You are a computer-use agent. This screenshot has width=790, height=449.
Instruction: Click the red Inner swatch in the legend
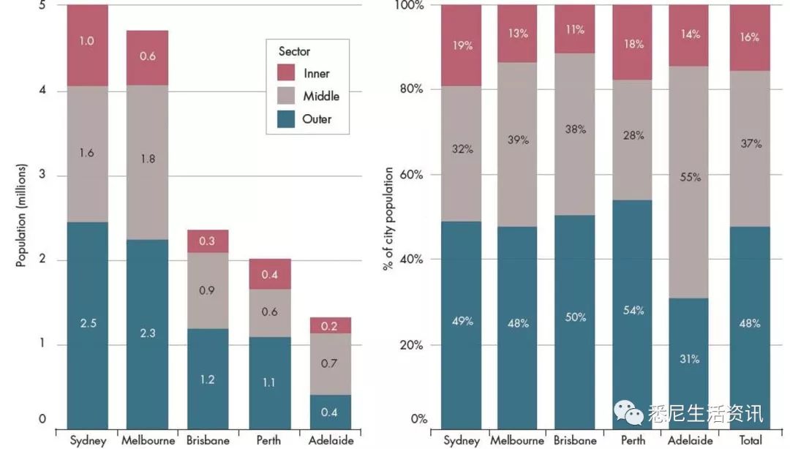tap(286, 72)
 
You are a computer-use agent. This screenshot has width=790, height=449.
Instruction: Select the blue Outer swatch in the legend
tap(286, 118)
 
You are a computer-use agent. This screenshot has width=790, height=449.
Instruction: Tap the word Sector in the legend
tap(294, 51)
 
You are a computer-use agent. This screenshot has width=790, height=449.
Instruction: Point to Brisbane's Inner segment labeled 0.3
tap(208, 241)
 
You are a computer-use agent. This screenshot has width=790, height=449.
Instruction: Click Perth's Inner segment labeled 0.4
tap(270, 274)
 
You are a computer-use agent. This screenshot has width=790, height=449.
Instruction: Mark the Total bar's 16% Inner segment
tap(750, 37)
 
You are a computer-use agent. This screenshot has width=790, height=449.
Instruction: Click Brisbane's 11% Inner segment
tap(574, 29)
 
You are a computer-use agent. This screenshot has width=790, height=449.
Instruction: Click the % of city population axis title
tap(388, 219)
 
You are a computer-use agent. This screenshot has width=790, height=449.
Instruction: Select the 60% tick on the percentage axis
tap(411, 175)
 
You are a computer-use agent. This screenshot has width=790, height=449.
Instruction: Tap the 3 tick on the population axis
tap(42, 176)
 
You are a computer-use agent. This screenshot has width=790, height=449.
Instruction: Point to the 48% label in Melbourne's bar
tap(518, 322)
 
